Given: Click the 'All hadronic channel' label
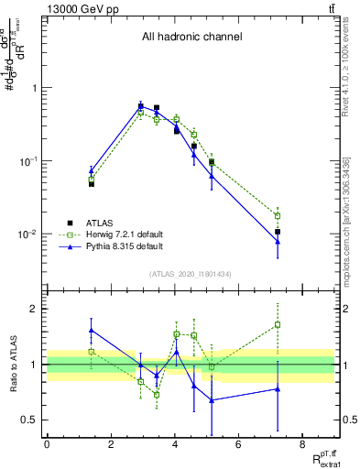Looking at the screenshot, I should [191, 38].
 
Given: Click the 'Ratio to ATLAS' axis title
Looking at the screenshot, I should [12, 365].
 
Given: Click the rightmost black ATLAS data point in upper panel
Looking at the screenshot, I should [278, 232].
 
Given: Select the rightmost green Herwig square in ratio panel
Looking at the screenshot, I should [278, 324].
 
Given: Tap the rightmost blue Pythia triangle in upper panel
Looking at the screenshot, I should [278, 241].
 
